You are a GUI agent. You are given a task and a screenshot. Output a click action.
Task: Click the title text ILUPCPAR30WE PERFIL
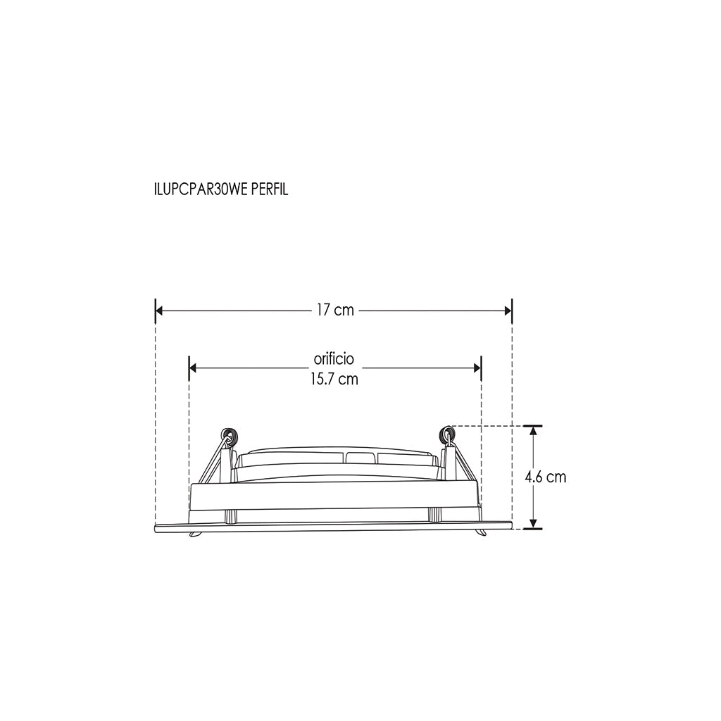(x=221, y=189)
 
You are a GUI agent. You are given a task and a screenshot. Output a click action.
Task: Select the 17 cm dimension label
(x=335, y=311)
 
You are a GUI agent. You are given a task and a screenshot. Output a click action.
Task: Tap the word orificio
(x=334, y=358)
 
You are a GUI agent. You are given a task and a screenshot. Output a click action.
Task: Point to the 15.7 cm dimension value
(x=334, y=380)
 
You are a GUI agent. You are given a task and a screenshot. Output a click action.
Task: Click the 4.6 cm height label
(x=546, y=477)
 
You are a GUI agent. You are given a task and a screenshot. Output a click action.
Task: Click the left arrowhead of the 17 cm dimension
(x=159, y=311)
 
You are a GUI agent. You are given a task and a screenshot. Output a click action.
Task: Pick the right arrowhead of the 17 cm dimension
(x=508, y=311)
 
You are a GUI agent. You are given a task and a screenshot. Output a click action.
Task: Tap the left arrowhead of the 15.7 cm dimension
(x=193, y=368)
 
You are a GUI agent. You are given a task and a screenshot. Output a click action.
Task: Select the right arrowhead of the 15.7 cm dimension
(x=477, y=368)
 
